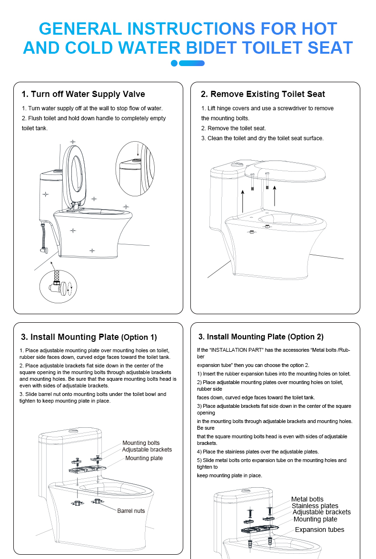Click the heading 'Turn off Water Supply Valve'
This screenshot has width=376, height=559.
point(83,94)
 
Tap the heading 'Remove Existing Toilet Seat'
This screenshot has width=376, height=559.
point(263,94)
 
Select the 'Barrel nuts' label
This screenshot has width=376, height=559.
point(131,511)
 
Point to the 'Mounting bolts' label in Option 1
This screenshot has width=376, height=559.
point(141,443)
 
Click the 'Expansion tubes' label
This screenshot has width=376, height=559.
point(319,530)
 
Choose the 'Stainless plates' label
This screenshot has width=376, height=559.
point(315,506)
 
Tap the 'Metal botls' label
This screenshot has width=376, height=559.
point(307,499)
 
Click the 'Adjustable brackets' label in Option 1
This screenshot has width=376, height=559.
point(147,450)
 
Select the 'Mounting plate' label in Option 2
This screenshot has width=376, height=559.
point(315,519)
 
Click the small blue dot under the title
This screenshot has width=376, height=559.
point(174,63)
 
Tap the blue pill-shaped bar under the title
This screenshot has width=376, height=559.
point(193,63)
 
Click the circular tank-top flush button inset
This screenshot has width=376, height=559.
point(135,168)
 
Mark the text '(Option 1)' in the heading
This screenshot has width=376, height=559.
point(139,337)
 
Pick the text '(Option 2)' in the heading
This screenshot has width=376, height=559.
point(306,337)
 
